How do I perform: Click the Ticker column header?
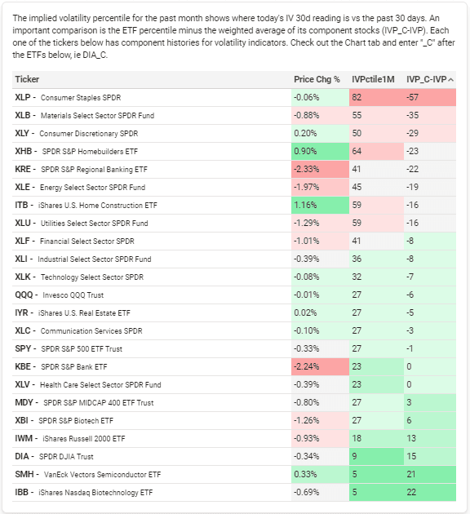coord(27,79)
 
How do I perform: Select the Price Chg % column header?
coord(317,79)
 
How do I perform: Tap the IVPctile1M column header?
coord(373,79)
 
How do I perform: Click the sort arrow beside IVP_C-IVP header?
coord(451,80)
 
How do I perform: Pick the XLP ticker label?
coord(23,97)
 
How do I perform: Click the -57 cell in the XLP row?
coord(412,97)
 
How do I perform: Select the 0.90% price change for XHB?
coord(305,151)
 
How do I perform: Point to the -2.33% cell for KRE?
coord(307,169)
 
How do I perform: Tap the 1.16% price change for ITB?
coord(305,206)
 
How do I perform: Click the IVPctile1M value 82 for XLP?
coord(357,97)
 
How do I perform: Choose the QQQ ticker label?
coord(24,295)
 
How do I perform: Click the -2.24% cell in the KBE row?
coord(307,366)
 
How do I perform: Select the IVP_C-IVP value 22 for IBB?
coord(411,492)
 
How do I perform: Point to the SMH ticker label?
coord(24,474)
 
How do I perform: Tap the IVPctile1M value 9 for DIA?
coord(354,456)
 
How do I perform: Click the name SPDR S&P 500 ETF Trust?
coord(82,349)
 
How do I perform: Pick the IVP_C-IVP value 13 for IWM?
coord(411,438)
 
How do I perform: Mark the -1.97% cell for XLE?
coord(307,187)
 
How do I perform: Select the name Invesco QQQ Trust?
coord(73,295)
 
